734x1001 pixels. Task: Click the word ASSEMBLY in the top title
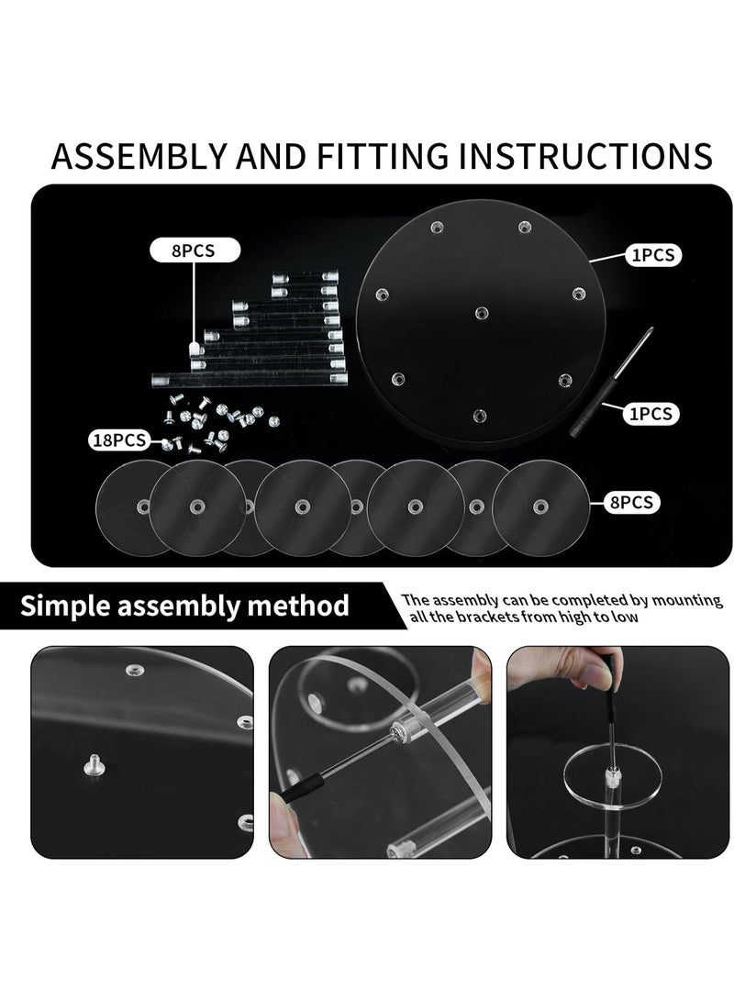tap(139, 156)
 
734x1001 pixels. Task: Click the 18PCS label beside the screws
tap(118, 439)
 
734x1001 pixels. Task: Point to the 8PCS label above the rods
tap(194, 250)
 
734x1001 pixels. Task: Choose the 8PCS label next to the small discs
tap(631, 503)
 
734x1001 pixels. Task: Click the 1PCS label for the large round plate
tap(653, 255)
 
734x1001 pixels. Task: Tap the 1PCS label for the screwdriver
tap(651, 415)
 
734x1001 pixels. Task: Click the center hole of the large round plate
tap(482, 314)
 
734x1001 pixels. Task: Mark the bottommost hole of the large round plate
tap(479, 416)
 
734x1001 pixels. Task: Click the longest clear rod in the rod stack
tap(250, 381)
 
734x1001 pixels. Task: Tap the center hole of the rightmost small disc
tap(540, 507)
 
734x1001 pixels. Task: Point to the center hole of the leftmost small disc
tap(144, 507)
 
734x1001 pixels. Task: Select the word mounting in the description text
tap(687, 601)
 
